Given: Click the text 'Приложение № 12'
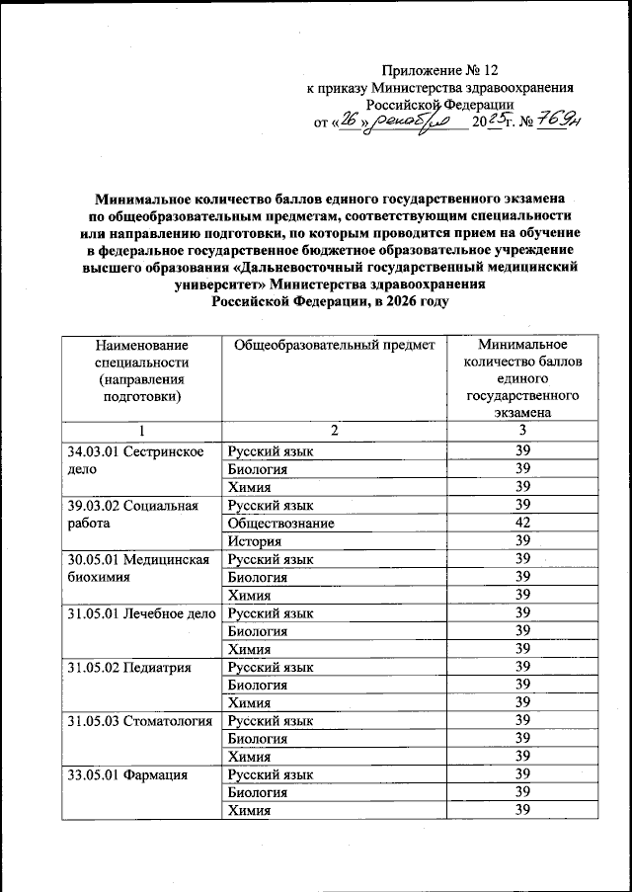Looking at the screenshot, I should click(x=437, y=71).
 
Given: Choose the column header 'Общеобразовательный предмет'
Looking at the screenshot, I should click(x=333, y=346).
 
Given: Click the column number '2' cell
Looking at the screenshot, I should click(x=334, y=431).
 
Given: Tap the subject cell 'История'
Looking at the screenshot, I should click(x=255, y=540).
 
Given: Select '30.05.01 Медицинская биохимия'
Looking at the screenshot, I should click(x=137, y=568).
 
